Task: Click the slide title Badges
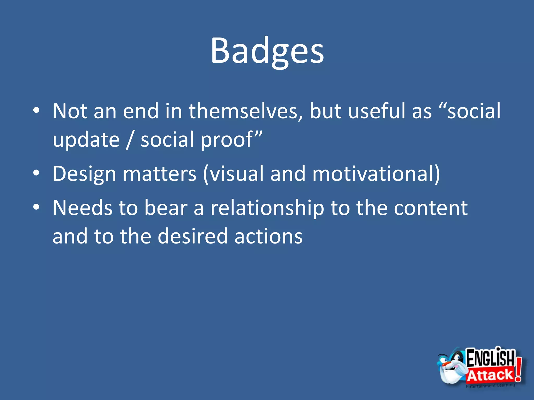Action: (x=267, y=51)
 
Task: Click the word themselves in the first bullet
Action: (x=246, y=111)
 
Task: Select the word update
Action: (x=86, y=140)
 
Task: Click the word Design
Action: (x=84, y=174)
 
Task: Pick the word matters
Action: (x=160, y=174)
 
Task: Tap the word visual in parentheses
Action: (x=236, y=174)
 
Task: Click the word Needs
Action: (x=82, y=208)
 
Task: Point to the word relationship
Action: (x=267, y=208)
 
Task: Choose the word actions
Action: (x=269, y=236)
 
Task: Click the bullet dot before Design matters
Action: (x=36, y=173)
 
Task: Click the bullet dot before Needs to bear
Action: (x=36, y=207)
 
